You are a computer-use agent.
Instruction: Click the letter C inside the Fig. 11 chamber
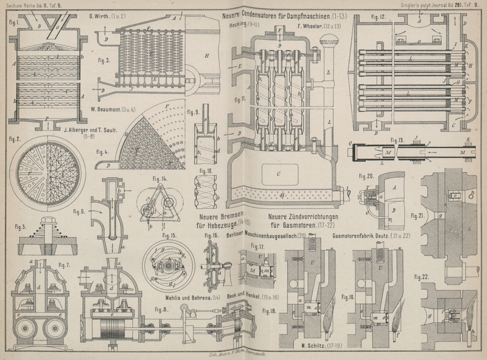point(277,173)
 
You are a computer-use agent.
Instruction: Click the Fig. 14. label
point(160,178)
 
